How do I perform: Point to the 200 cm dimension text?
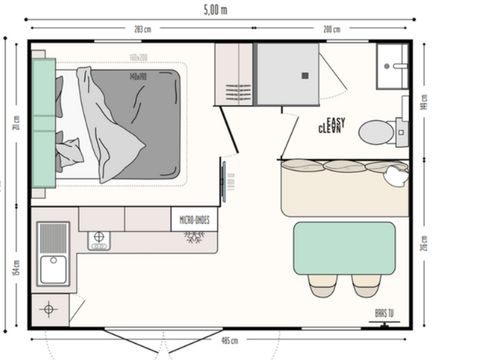click(x=331, y=29)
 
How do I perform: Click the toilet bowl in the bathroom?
click(x=377, y=131)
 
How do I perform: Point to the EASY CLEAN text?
click(x=331, y=125)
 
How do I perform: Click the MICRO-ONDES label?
click(x=194, y=219)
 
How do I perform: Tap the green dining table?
click(x=344, y=248)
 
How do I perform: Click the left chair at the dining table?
click(x=322, y=286)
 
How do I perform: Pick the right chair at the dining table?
click(x=367, y=286)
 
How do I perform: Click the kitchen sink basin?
click(x=50, y=269)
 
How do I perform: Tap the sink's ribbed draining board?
click(x=51, y=238)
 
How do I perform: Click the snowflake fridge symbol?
click(x=193, y=236)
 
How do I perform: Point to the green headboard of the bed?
click(x=43, y=121)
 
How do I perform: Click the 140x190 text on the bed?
click(x=138, y=75)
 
